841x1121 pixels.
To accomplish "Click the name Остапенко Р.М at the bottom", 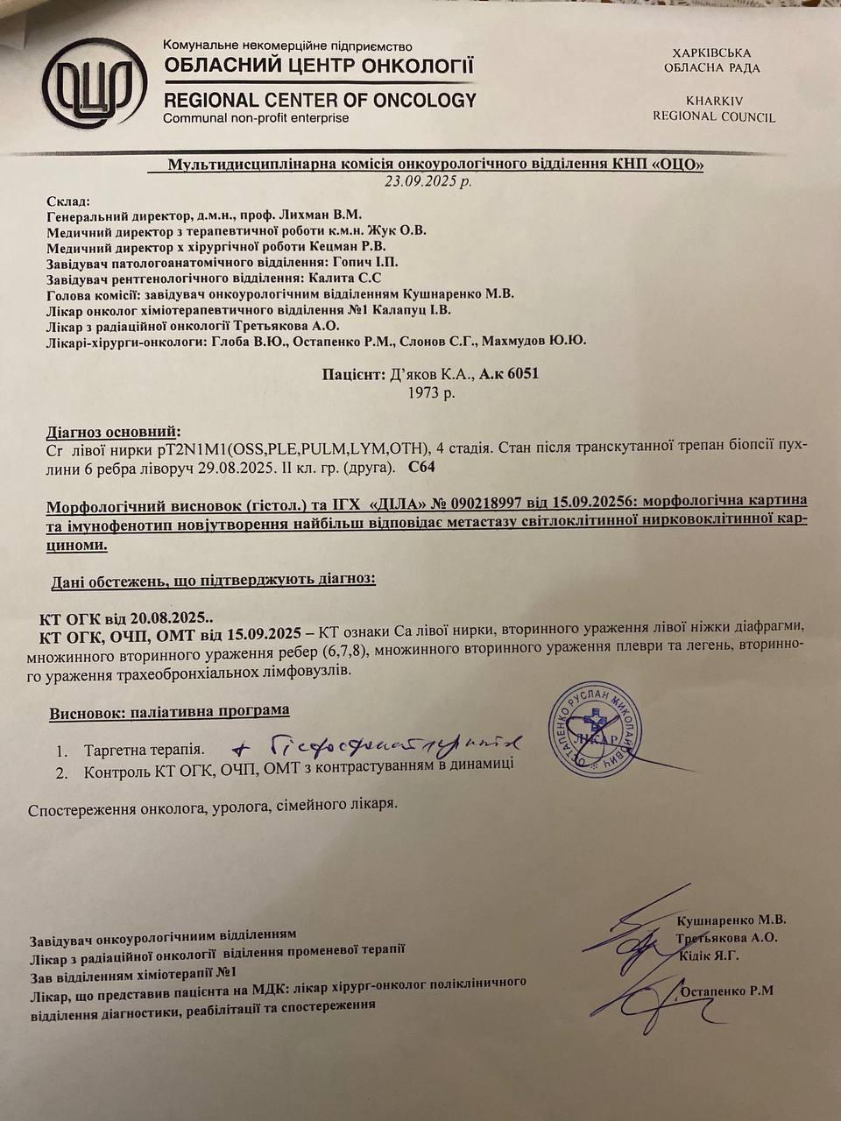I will (x=725, y=991).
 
